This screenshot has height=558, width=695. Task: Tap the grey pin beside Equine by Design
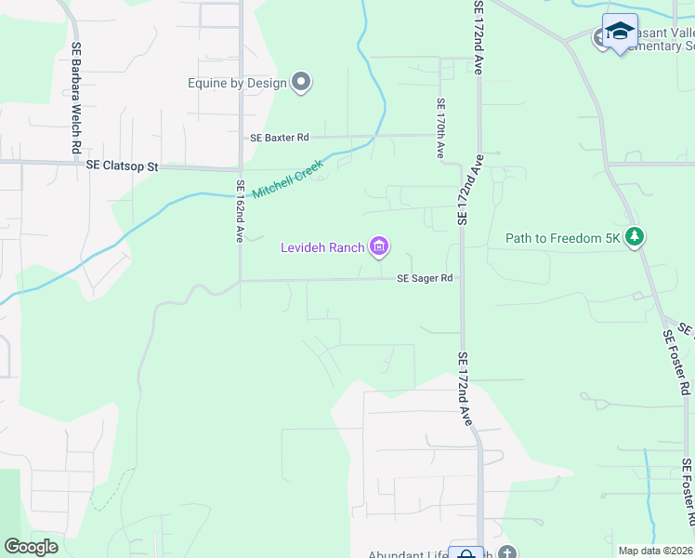(301, 83)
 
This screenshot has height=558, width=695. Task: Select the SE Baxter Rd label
(280, 138)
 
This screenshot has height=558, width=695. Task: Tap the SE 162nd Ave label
(240, 211)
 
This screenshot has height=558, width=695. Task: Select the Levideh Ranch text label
(321, 247)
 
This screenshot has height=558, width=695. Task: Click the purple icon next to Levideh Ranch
(379, 246)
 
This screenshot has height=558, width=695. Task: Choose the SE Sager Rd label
(425, 278)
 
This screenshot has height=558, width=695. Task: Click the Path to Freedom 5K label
(562, 238)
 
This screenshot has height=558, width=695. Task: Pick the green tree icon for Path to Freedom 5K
(635, 237)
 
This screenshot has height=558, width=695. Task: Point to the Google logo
(31, 547)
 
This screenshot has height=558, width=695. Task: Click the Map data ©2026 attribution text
(656, 551)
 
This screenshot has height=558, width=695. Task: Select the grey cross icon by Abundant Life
(506, 553)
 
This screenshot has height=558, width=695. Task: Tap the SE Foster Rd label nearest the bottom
(688, 490)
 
